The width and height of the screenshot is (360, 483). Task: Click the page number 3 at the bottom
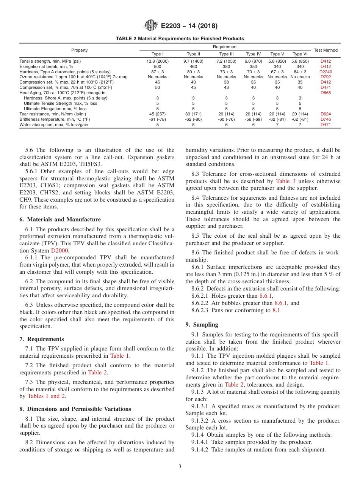[x=180, y=467]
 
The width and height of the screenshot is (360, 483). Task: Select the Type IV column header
[x=253, y=54]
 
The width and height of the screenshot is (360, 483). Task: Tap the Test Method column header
[x=326, y=50]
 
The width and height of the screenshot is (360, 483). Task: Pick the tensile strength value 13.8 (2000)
[x=158, y=61]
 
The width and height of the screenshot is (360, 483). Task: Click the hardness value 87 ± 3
[x=158, y=71]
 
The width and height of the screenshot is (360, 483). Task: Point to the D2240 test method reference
[x=326, y=71]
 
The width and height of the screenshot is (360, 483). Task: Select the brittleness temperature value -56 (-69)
[x=253, y=119]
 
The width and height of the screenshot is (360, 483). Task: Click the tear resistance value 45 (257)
[x=158, y=114]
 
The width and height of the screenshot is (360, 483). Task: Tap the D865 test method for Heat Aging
[x=326, y=93]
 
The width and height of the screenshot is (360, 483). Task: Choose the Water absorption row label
[x=54, y=125]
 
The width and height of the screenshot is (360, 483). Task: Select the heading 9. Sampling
[x=202, y=325]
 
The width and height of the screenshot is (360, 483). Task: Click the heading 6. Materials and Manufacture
[x=60, y=219]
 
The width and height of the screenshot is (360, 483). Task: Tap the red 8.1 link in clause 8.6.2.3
[x=277, y=310]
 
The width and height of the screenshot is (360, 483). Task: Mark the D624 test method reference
[x=326, y=114]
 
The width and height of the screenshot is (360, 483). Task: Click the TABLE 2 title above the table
[x=180, y=39]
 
